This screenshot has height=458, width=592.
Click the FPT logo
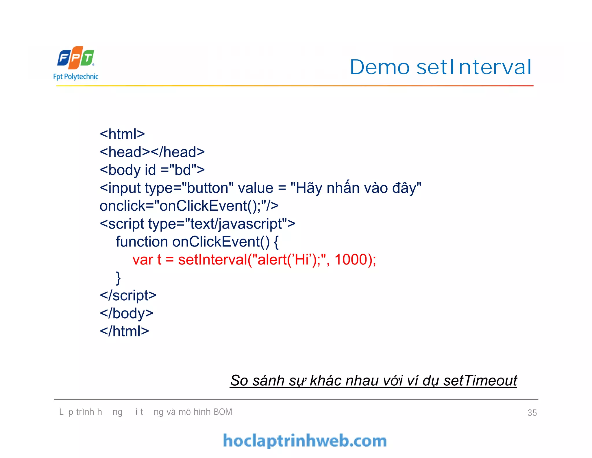[76, 58]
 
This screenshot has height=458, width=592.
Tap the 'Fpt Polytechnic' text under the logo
[76, 77]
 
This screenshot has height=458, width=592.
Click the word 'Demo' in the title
[380, 67]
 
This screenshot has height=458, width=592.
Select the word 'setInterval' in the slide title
[474, 67]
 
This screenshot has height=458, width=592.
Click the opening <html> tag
[122, 134]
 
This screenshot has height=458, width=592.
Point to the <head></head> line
[152, 152]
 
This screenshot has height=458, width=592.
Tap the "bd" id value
[183, 170]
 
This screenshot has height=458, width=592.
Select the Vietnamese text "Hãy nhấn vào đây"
[356, 188]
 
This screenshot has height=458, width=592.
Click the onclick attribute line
[189, 206]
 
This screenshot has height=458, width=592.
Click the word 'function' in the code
[142, 242]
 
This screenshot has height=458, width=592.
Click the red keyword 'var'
[143, 260]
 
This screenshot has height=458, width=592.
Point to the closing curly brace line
[118, 278]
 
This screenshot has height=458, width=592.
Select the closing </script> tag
[128, 295]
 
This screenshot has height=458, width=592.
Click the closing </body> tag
[126, 313]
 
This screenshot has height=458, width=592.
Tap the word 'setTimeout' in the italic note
[480, 380]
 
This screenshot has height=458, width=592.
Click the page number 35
[532, 413]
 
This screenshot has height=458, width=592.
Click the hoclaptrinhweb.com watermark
[305, 441]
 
